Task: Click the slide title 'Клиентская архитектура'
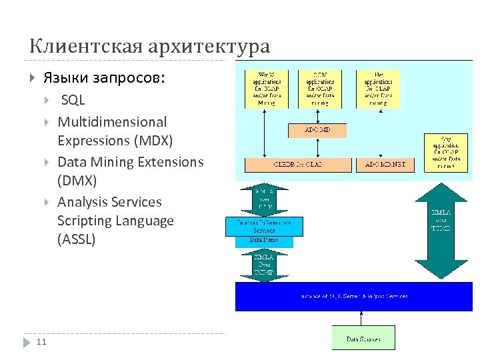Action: [149, 47]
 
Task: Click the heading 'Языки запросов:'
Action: [104, 78]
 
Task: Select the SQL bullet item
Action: [73, 101]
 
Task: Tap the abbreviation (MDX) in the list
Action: [153, 141]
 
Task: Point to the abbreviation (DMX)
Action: [77, 181]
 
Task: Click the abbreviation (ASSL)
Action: [76, 239]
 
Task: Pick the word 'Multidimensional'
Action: [112, 122]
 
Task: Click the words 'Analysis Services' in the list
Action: [109, 202]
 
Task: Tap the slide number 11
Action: [41, 342]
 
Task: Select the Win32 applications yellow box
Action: [265, 89]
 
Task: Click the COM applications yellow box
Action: [320, 89]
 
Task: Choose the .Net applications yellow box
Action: [377, 89]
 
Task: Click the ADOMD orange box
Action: [317, 130]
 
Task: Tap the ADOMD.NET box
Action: [382, 165]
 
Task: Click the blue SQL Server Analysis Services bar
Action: [353, 296]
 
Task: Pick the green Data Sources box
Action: [363, 339]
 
